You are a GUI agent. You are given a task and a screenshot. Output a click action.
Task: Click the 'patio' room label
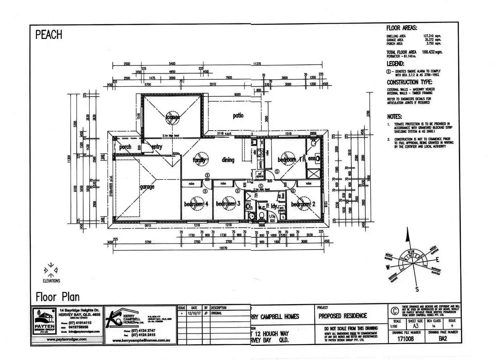click(238, 116)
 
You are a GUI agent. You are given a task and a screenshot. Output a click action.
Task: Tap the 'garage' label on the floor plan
click(147, 187)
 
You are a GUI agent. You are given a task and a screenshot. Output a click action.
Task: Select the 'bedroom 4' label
click(196, 204)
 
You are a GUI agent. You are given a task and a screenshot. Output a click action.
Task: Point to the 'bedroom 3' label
click(228, 204)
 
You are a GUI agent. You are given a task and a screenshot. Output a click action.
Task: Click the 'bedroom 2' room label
click(303, 204)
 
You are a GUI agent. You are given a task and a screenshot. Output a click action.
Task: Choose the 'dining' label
click(228, 160)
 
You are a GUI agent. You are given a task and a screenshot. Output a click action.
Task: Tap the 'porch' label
click(125, 147)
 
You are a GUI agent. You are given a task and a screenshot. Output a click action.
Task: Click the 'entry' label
click(157, 147)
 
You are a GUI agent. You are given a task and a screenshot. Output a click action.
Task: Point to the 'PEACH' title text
click(49, 35)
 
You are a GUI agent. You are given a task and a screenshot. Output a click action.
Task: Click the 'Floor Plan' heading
click(58, 297)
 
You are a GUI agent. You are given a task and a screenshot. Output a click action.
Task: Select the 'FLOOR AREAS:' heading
click(401, 28)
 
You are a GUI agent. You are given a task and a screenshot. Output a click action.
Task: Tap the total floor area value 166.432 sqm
click(432, 52)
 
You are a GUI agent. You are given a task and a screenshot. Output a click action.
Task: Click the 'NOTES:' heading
click(394, 117)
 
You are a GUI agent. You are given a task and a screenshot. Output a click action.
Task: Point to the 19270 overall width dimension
click(223, 248)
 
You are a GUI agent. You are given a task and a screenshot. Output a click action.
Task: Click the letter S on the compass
click(417, 289)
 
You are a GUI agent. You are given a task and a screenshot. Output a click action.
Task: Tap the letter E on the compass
click(438, 260)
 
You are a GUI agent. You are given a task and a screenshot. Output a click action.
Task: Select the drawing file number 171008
click(406, 339)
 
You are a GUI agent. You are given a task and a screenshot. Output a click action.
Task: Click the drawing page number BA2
click(443, 339)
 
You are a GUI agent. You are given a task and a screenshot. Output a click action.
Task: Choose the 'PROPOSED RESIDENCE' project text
click(342, 316)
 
